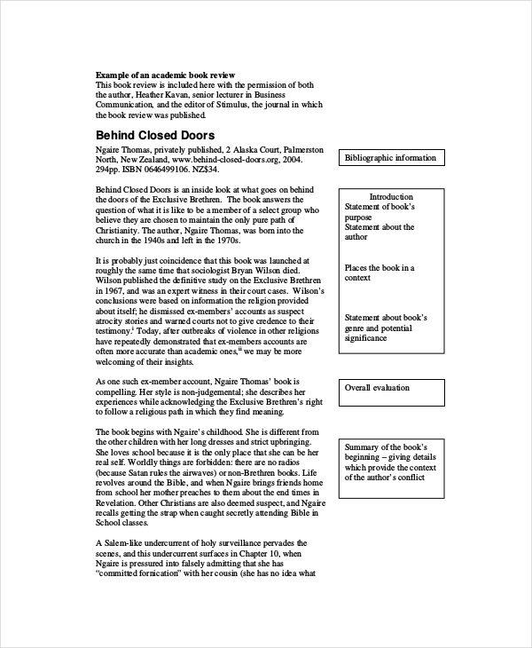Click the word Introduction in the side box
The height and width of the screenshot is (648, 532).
coord(391,196)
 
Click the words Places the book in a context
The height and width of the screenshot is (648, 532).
coord(379,273)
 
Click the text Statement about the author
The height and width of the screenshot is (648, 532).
coord(379,232)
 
